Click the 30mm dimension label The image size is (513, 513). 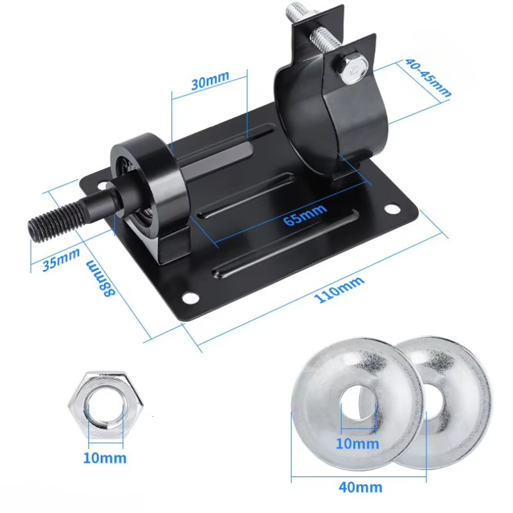[210, 80]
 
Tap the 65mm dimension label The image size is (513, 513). [305, 215]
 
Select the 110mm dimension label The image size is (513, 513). [339, 289]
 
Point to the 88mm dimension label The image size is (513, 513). [100, 278]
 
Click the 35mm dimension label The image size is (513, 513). [61, 259]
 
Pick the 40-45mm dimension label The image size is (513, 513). [428, 78]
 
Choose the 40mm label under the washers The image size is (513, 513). [360, 487]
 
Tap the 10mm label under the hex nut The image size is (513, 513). [105, 458]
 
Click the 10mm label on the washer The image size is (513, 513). [357, 444]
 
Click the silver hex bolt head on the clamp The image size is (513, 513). [353, 69]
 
